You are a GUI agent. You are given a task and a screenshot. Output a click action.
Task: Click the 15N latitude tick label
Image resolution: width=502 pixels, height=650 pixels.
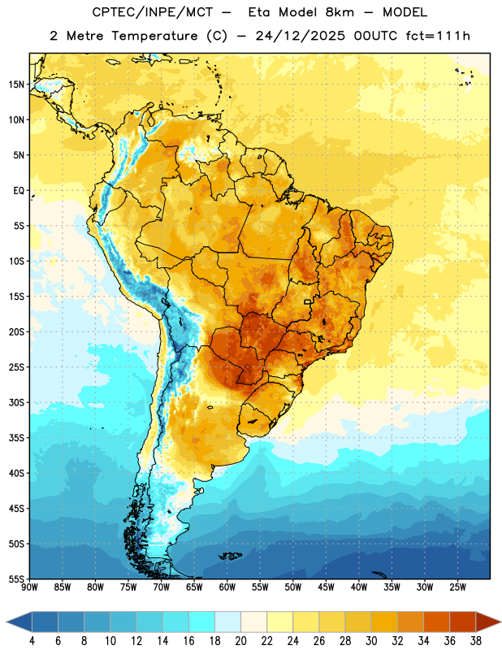point(16,84)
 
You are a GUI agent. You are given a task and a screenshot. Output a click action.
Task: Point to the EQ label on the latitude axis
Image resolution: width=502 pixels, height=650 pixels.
point(19,191)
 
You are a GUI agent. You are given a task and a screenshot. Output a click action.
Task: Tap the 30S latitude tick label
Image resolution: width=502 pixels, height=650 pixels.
point(16,402)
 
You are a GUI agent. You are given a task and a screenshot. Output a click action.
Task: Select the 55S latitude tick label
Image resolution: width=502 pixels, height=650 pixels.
point(16,579)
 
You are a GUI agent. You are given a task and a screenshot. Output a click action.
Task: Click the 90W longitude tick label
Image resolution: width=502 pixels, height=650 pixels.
point(29,587)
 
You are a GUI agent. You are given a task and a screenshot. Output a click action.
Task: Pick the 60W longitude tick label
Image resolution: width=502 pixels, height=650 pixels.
point(227,587)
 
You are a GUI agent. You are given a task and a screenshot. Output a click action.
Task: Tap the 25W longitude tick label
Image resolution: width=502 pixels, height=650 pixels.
point(457,587)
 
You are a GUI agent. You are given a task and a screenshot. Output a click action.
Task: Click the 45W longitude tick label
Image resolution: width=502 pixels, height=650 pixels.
point(326,587)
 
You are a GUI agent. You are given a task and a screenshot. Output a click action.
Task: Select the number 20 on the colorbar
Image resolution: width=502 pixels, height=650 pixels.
point(240,641)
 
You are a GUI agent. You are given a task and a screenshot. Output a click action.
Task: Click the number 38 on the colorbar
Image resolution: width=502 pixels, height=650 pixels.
point(476,641)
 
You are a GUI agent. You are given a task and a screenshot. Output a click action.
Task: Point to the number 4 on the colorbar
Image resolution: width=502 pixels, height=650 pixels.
point(32,641)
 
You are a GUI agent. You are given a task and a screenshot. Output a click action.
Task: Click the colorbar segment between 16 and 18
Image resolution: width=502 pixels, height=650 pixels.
point(201,622)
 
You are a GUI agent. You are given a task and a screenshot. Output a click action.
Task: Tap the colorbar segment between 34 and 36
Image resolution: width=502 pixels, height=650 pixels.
point(436,622)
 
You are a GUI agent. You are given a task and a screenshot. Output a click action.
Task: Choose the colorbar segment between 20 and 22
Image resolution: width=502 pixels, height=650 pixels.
point(253,622)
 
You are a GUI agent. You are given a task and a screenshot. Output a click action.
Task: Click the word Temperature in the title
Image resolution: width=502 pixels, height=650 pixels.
point(154,36)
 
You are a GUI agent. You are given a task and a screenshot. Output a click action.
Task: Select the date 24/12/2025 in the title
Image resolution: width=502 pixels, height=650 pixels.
point(300,36)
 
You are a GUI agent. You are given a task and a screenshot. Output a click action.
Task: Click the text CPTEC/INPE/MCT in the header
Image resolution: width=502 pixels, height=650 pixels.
point(152,12)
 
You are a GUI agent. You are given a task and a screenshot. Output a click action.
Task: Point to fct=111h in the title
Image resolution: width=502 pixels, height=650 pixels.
point(438,36)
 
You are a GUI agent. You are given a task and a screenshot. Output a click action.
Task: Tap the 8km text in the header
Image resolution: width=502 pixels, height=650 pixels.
point(340,12)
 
